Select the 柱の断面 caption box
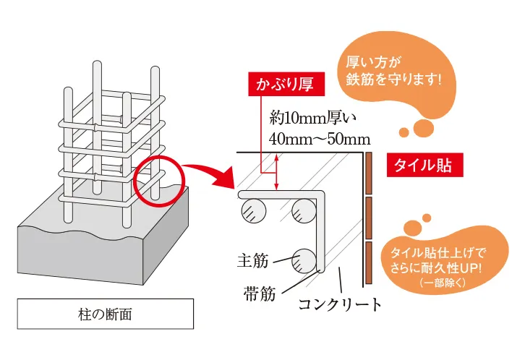point(105,314)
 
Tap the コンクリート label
point(341,304)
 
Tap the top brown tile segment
point(369,173)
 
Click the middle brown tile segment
point(369,218)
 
